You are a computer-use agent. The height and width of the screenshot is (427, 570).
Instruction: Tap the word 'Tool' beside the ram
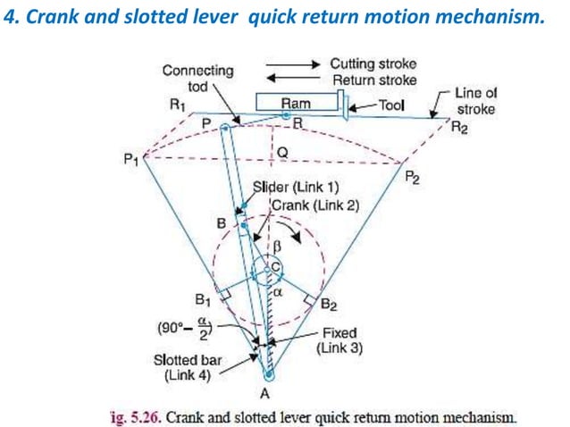pyautogui.click(x=391, y=105)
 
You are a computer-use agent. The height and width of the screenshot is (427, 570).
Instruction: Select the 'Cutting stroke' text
pyautogui.click(x=373, y=64)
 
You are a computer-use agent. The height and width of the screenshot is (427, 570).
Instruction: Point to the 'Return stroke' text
pyautogui.click(x=374, y=80)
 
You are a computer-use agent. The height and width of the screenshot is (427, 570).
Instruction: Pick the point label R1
pyautogui.click(x=177, y=104)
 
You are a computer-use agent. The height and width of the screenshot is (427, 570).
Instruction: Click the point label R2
pyautogui.click(x=458, y=127)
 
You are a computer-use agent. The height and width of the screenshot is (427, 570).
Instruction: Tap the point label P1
pyautogui.click(x=131, y=159)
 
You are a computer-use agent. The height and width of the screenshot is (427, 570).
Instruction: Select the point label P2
pyautogui.click(x=412, y=177)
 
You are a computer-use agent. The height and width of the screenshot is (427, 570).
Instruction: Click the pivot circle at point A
pyautogui.click(x=268, y=374)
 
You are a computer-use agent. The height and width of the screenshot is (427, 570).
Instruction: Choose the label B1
pyautogui.click(x=203, y=297)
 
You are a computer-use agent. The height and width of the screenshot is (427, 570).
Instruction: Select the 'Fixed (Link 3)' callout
pyautogui.click(x=339, y=340)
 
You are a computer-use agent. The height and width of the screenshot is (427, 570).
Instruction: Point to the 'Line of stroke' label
pyautogui.click(x=475, y=100)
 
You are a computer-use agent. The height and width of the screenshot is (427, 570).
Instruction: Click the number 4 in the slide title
pyautogui.click(x=10, y=19)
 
